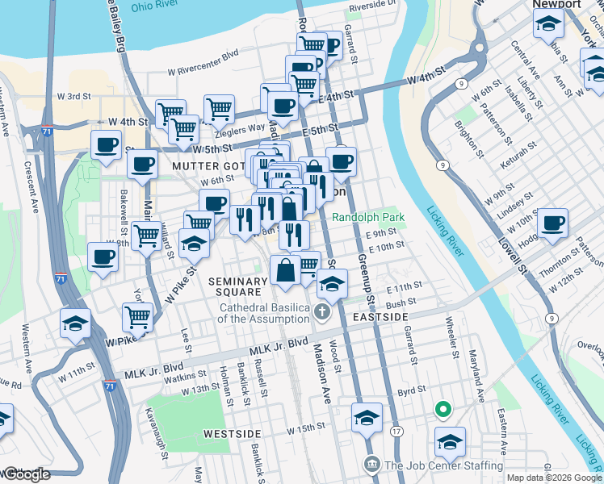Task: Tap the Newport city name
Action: pyautogui.click(x=556, y=5)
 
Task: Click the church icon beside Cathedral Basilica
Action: pyautogui.click(x=322, y=312)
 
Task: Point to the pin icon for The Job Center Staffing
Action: pyautogui.click(x=371, y=465)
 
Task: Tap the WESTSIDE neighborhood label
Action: pyautogui.click(x=231, y=433)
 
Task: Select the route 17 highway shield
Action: pyautogui.click(x=396, y=432)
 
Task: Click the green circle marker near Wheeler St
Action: pyautogui.click(x=443, y=410)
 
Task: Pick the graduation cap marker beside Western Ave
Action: pyautogui.click(x=76, y=323)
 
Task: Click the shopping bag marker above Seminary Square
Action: pyautogui.click(x=286, y=269)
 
